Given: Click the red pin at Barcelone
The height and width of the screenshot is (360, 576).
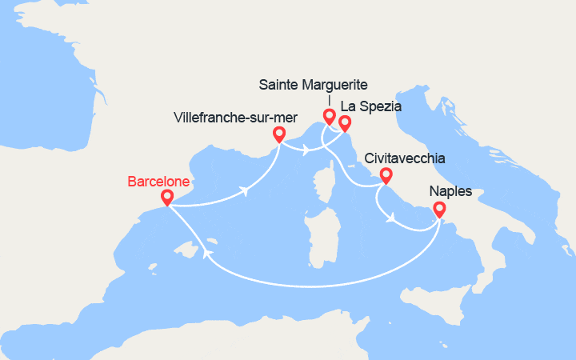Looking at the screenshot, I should (x=167, y=197).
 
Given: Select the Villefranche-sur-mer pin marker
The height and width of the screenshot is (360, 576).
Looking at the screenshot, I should (x=279, y=134).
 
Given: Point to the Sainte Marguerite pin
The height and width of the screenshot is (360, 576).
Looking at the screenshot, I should (x=329, y=116).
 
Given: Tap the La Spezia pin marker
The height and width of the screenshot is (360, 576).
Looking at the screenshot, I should (x=345, y=122).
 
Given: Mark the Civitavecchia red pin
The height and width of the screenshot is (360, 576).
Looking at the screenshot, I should (x=386, y=175).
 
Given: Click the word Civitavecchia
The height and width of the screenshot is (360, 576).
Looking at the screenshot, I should (x=404, y=158).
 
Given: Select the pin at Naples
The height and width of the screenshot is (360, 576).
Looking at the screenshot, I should (x=439, y=210).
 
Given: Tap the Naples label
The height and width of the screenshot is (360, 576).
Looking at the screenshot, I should (x=450, y=192).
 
